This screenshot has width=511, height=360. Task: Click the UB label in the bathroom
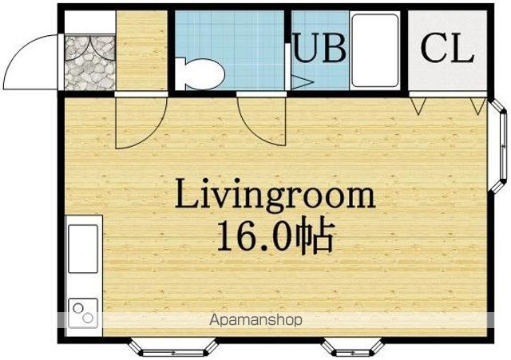click(x=319, y=48)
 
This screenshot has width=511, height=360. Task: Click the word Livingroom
click(x=275, y=196)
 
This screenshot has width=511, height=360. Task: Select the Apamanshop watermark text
click(x=255, y=320)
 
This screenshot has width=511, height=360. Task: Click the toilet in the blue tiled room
click(x=200, y=73)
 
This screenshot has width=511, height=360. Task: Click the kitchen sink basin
click(x=83, y=248)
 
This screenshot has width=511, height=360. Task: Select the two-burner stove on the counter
click(x=83, y=313)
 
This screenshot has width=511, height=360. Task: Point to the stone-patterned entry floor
click(x=89, y=62)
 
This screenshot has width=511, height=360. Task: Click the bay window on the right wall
click(x=497, y=146)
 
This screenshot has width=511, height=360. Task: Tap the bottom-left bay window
click(x=172, y=347)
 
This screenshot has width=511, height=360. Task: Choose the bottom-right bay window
click(x=353, y=348)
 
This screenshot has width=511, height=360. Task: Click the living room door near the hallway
click(x=141, y=121)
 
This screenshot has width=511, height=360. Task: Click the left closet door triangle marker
click(x=418, y=106)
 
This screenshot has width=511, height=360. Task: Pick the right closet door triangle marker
click(x=477, y=106)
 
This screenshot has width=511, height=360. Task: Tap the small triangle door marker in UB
click(x=302, y=82)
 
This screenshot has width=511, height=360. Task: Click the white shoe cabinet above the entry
click(x=89, y=22)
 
